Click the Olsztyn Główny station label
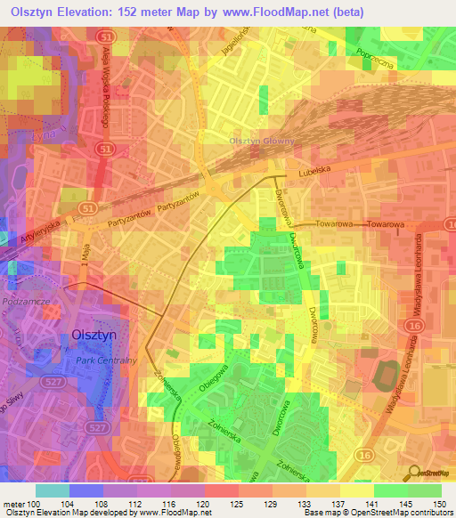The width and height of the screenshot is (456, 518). tap(259, 142)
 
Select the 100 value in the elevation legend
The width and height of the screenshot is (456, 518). tap(34, 504)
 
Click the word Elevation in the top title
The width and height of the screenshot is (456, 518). tap(86, 12)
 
